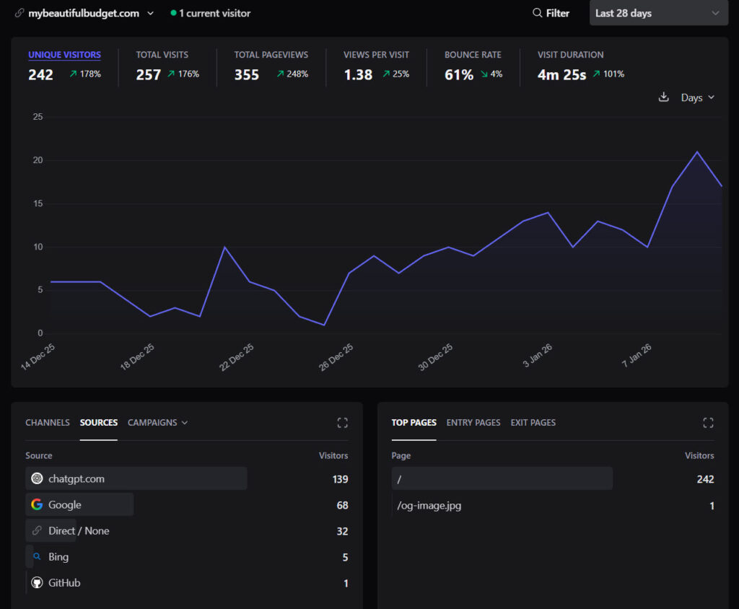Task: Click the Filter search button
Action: tap(551, 13)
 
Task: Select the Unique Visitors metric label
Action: tap(64, 55)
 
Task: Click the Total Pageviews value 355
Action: tap(247, 74)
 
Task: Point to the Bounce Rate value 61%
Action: tap(459, 74)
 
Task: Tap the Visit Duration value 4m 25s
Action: tap(561, 74)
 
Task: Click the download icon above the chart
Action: tap(664, 97)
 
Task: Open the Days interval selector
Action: tap(697, 97)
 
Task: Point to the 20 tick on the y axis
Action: tap(38, 160)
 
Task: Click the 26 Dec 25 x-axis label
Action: tap(337, 357)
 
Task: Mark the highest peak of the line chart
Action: tap(697, 152)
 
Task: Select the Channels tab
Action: tap(48, 422)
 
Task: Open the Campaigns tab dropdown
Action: tap(157, 422)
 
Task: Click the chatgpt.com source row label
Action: tap(76, 478)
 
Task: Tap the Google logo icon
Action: tap(37, 504)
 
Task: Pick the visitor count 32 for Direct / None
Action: tap(342, 531)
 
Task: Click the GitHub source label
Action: tap(64, 583)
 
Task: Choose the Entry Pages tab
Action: tap(473, 422)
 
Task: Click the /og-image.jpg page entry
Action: tap(429, 505)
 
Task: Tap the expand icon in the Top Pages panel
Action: tap(708, 423)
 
